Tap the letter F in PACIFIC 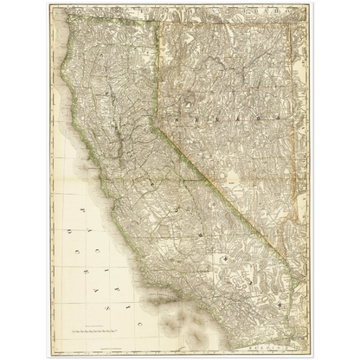pyautogui.click(x=90, y=244)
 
